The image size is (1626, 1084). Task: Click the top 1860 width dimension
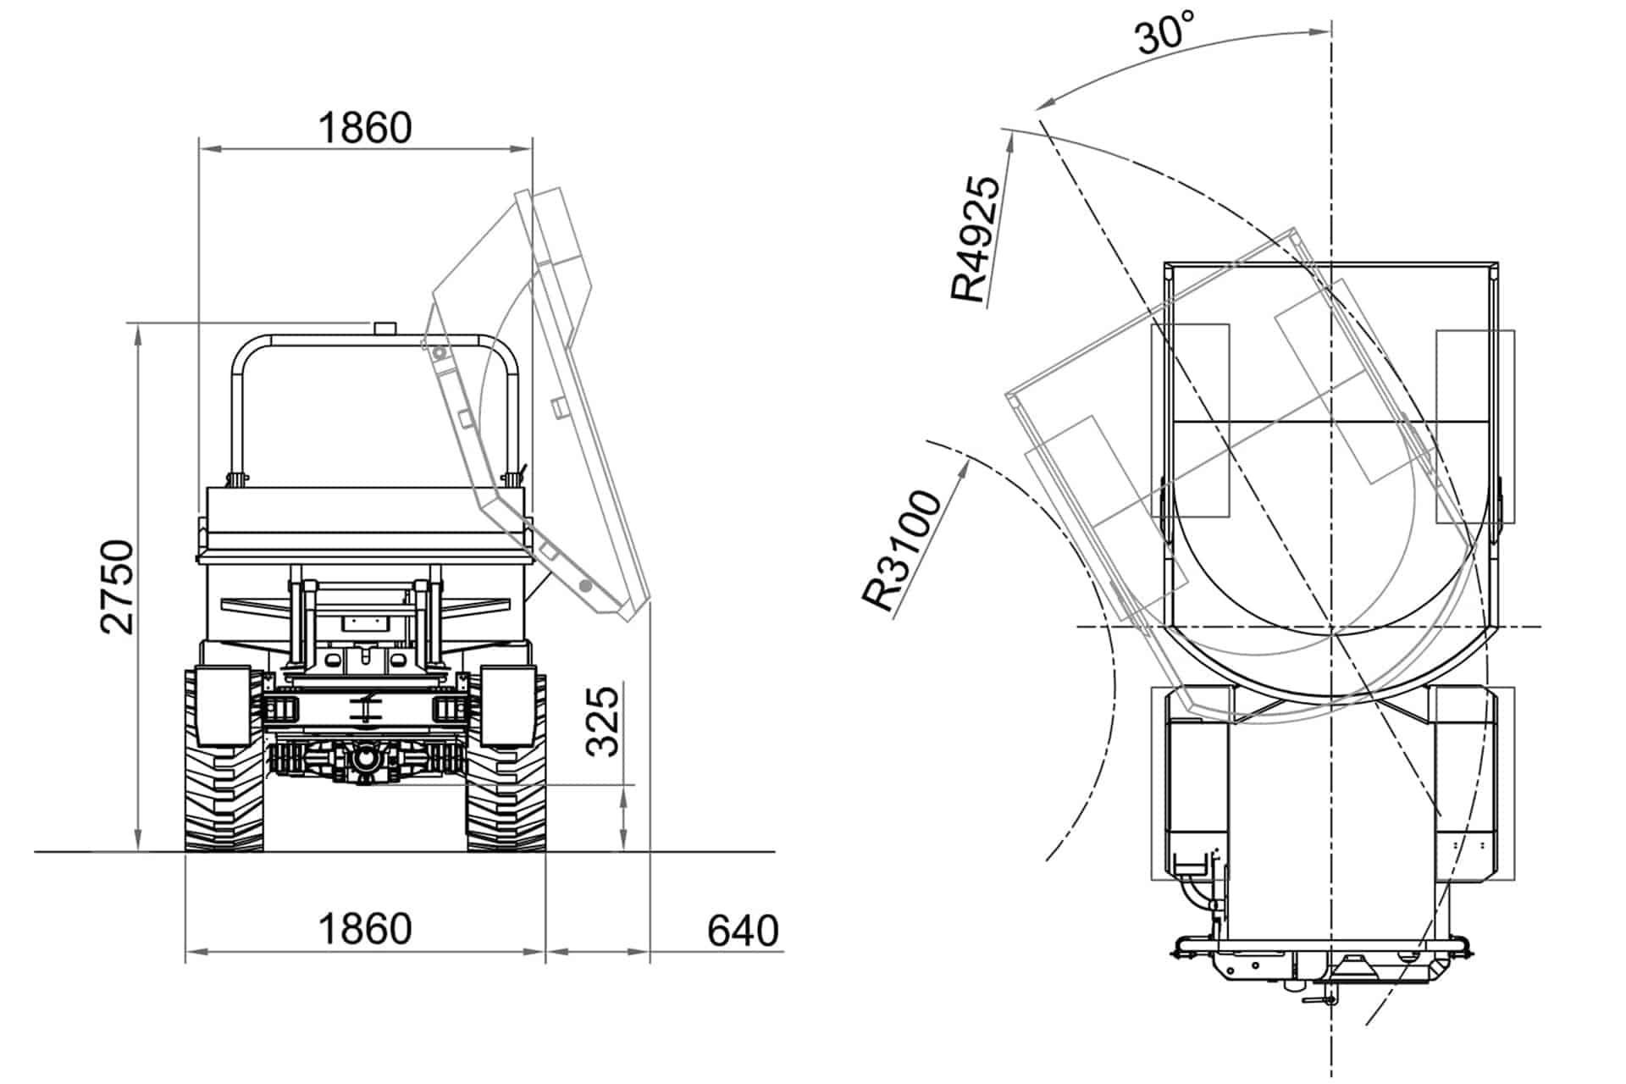point(365,128)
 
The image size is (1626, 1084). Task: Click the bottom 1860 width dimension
point(365,929)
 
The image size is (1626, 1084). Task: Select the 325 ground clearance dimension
point(603,721)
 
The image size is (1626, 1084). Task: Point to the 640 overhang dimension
point(743,931)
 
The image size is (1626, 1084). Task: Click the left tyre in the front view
point(224,760)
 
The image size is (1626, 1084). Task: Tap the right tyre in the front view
point(506,760)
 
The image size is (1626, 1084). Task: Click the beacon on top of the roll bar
point(385,328)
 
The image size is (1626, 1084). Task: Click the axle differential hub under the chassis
point(365,759)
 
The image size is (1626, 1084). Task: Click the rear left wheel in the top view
point(1189,783)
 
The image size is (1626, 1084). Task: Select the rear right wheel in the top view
point(1474,783)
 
